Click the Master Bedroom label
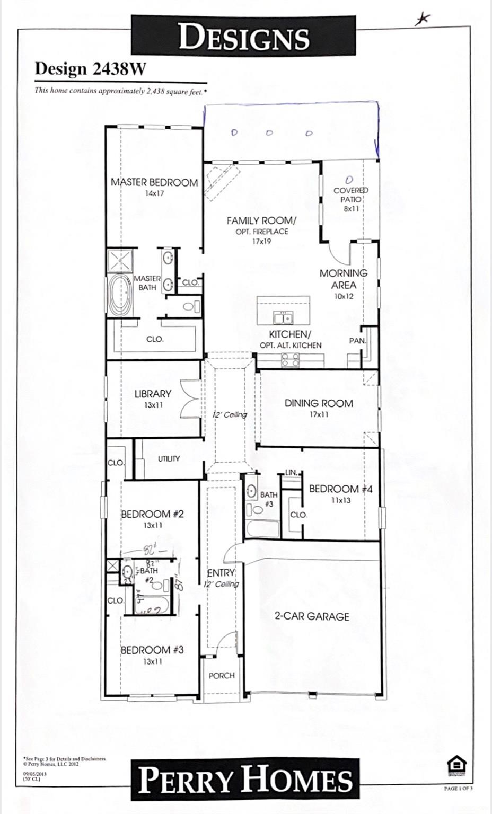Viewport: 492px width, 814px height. pyautogui.click(x=154, y=182)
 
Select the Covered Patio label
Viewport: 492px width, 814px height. pyautogui.click(x=350, y=194)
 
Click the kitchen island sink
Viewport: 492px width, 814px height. pyautogui.click(x=284, y=317)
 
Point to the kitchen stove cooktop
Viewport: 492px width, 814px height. pyautogui.click(x=289, y=360)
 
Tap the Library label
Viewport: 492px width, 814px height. pyautogui.click(x=153, y=394)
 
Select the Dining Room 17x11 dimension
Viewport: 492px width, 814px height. pyautogui.click(x=319, y=414)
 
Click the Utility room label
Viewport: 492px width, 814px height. pyautogui.click(x=169, y=459)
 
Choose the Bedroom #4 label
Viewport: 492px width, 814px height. pyautogui.click(x=341, y=489)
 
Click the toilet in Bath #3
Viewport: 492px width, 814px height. pyautogui.click(x=257, y=510)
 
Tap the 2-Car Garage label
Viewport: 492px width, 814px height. pyautogui.click(x=312, y=616)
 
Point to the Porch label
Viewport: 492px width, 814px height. pyautogui.click(x=222, y=676)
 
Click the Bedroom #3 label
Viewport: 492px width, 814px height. pyautogui.click(x=152, y=650)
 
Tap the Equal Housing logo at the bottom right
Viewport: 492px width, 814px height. pyautogui.click(x=454, y=765)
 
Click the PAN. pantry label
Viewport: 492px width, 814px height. pyautogui.click(x=357, y=341)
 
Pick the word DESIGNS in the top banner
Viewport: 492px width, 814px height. pyautogui.click(x=244, y=38)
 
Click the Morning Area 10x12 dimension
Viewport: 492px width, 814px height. pyautogui.click(x=343, y=296)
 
